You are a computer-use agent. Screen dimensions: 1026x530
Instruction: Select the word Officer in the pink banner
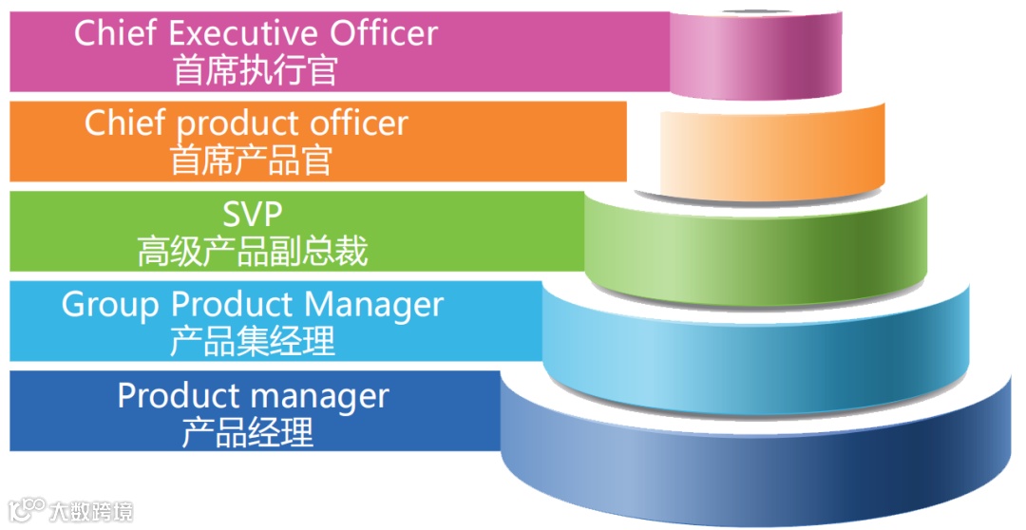[x=384, y=33]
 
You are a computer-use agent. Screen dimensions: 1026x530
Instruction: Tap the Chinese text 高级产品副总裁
[x=253, y=251]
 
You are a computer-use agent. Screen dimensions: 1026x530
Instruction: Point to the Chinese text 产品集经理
[x=253, y=341]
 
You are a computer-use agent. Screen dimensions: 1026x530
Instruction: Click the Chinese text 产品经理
[x=247, y=432]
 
